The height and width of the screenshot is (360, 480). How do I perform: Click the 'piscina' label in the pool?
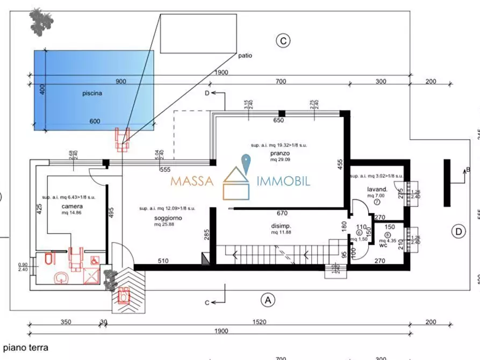92,93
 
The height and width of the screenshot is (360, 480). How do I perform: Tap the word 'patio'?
245,55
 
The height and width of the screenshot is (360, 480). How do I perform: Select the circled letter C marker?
283,40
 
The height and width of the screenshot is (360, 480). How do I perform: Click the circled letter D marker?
458,232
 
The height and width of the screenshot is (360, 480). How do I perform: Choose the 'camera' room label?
71,206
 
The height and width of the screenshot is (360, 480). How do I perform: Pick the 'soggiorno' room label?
168,218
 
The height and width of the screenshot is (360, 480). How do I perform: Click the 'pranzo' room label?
280,154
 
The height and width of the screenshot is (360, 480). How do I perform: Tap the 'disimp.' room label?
281,226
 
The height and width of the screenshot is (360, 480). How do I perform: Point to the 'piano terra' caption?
25,348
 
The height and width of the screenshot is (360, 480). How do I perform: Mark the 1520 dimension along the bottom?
259,322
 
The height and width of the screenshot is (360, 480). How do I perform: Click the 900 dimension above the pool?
121,82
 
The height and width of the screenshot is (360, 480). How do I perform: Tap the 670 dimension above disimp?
282,213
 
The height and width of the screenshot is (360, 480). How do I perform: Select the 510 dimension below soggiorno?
163,261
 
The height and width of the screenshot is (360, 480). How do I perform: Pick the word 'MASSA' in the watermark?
192,181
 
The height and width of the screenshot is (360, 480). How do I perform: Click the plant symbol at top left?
41,20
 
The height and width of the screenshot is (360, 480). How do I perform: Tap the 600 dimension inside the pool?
95,121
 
